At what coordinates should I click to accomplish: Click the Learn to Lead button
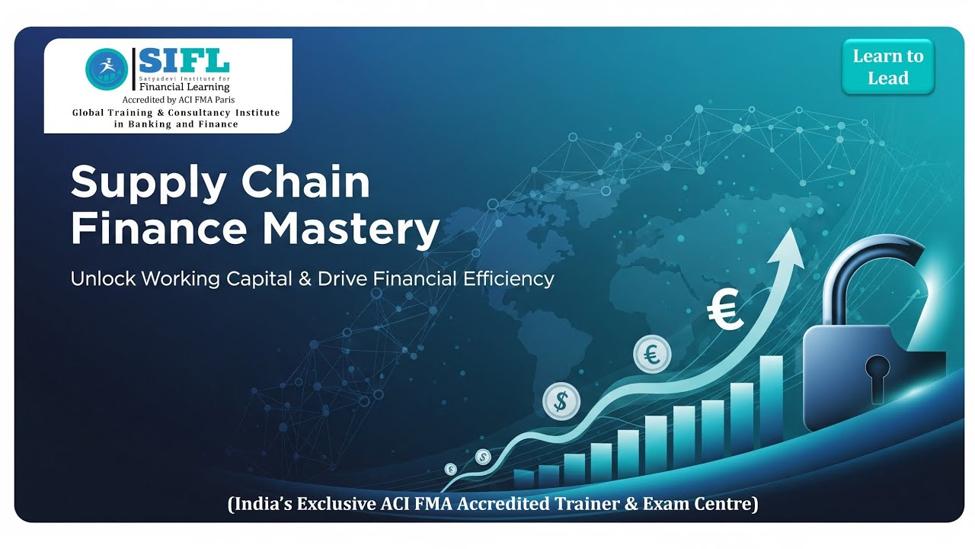(887, 67)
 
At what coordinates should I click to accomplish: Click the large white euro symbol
(724, 311)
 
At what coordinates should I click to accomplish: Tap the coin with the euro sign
(652, 355)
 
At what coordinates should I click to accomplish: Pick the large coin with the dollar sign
(561, 401)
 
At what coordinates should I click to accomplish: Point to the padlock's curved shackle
(876, 271)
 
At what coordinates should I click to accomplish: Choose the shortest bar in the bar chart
(523, 479)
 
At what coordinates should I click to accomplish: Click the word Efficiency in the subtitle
(508, 279)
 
